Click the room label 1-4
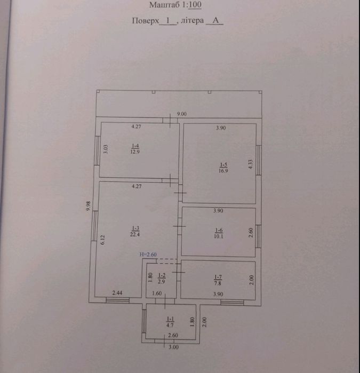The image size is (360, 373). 135,146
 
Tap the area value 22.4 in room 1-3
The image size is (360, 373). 135,234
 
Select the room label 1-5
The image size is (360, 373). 223,164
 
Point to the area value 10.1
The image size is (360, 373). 218,236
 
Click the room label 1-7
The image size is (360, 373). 218,277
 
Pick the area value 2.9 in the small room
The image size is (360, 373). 162,282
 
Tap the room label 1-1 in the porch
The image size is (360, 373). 170,319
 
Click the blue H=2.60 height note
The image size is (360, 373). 148,255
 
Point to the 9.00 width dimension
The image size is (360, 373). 182,114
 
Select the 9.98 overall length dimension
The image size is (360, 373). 89,206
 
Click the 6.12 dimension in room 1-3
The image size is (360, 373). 102,240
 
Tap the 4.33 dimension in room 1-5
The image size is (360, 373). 250,164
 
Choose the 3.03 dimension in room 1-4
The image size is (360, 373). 106,149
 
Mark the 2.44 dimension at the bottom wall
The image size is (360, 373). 117,293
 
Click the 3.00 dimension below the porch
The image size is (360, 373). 173,347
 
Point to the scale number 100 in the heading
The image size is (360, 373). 195,4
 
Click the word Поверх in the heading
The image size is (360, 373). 145,21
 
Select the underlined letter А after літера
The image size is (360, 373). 215,20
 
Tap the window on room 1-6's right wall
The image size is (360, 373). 258,236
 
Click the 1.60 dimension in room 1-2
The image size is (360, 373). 157,293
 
